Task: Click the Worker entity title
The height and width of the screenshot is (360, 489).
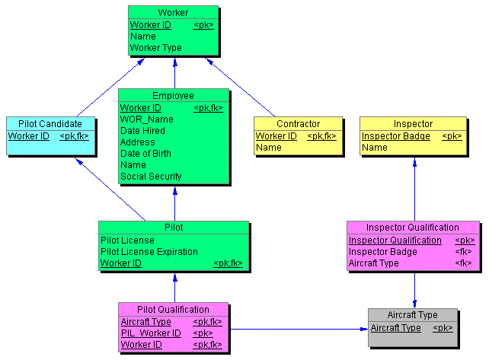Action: [173, 13]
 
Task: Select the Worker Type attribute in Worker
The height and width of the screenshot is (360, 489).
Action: [155, 47]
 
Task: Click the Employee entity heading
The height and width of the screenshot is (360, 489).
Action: [173, 96]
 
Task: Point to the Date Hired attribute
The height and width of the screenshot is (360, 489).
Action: [142, 131]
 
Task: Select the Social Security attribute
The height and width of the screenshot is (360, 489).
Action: [151, 177]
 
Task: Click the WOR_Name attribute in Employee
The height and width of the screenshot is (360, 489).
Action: [146, 119]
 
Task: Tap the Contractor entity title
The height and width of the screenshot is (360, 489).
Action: [298, 123]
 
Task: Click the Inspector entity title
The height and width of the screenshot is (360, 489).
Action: [413, 123]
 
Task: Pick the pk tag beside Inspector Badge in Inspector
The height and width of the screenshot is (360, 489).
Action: [452, 136]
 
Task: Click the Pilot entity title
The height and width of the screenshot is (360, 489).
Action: [174, 227]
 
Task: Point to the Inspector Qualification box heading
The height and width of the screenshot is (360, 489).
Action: [412, 227]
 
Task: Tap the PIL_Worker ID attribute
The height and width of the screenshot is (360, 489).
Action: [151, 333]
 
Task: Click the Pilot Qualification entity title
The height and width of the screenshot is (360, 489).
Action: [173, 309]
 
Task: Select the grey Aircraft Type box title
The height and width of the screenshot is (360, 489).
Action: [412, 315]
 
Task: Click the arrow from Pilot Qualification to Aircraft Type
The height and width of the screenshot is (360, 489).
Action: [297, 329]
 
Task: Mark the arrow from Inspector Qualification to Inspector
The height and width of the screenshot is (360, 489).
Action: [414, 190]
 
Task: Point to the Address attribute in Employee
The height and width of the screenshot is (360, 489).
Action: [137, 142]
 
